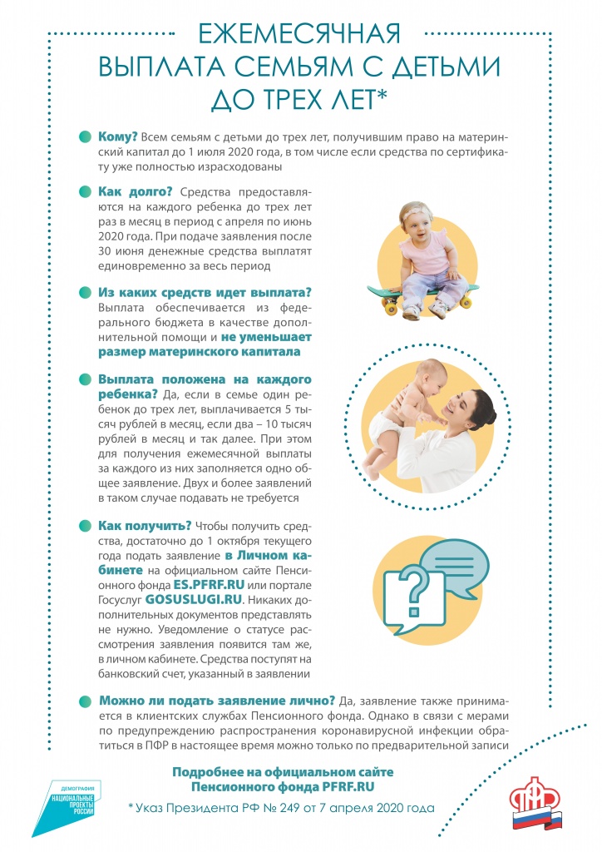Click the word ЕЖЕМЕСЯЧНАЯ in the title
tap(300, 34)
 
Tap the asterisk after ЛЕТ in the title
tap(382, 97)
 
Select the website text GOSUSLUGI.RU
tap(194, 598)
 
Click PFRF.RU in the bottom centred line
tap(371, 785)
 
